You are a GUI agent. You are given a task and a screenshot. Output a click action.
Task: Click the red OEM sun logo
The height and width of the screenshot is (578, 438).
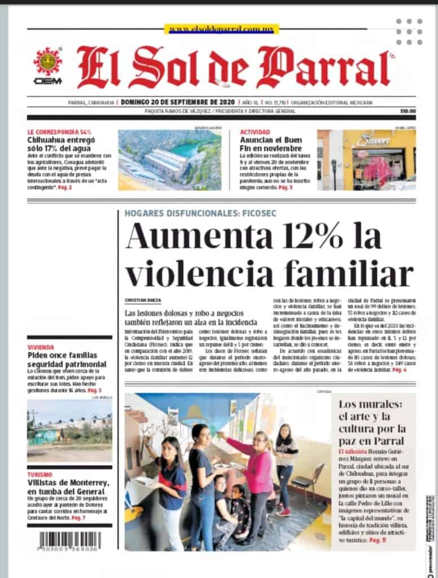click(47, 62)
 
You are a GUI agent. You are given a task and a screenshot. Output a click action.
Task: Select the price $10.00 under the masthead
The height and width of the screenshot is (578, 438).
click(408, 111)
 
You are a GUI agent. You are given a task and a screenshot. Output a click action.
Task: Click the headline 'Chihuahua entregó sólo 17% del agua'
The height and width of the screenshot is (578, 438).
click(62, 143)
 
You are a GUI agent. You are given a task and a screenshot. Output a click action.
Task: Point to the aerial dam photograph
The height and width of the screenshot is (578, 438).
click(169, 160)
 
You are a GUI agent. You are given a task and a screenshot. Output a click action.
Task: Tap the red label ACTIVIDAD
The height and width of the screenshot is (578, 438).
click(255, 132)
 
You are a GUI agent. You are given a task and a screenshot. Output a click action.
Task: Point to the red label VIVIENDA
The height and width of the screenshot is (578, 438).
click(41, 347)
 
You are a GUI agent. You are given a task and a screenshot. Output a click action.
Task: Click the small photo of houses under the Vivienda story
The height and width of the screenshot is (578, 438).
click(69, 431)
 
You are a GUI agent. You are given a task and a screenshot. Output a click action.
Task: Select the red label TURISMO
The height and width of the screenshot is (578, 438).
click(41, 475)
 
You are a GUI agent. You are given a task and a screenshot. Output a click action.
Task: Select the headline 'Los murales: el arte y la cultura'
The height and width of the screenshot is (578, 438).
click(371, 422)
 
